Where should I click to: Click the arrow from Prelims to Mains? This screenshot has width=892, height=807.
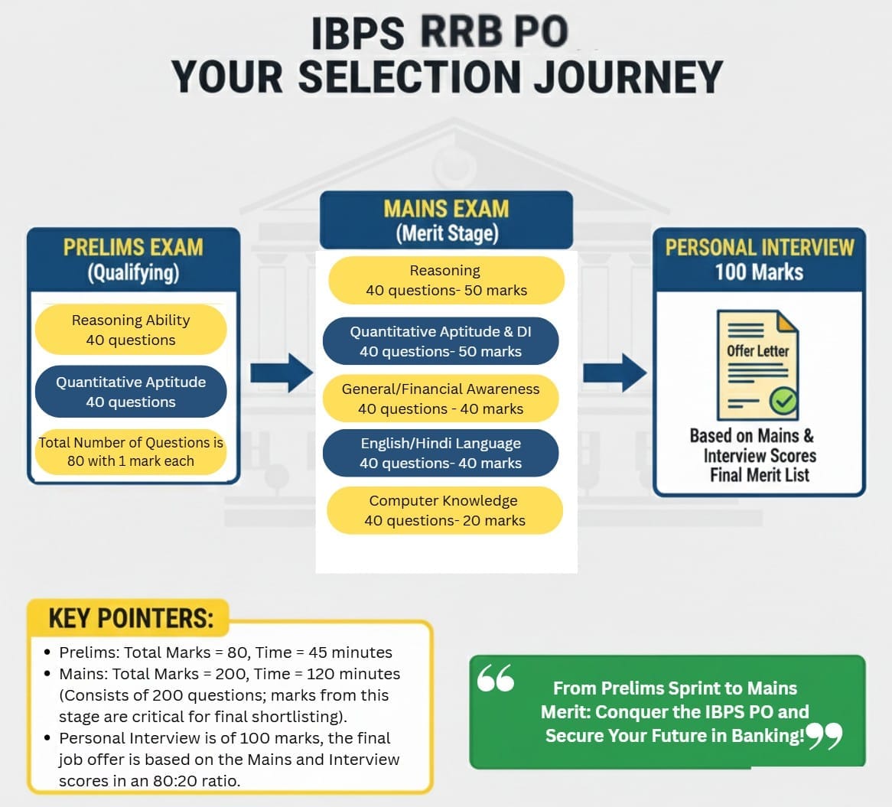coord(282,373)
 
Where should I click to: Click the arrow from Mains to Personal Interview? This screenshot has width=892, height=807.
coord(614,373)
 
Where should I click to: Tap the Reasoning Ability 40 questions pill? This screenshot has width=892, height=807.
coord(131,330)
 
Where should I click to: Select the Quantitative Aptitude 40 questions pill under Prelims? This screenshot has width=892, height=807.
coord(131,392)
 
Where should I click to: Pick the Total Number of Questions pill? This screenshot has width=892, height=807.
coord(131,452)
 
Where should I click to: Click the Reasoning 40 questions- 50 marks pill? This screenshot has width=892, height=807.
coord(446,281)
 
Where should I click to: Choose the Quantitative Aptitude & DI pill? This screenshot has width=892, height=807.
coord(441,342)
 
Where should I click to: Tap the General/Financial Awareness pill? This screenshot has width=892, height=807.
coord(441,399)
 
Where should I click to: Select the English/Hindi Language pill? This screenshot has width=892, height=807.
coord(441,454)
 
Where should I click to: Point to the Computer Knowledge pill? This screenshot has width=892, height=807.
coord(444,511)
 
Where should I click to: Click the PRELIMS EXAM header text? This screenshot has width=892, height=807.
coord(133,248)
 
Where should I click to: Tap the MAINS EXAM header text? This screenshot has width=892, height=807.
coord(446,209)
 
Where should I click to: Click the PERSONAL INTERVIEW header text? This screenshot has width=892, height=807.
coord(759,248)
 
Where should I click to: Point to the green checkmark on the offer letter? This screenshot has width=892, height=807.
coord(783,399)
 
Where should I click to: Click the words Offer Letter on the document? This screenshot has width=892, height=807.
coord(757,351)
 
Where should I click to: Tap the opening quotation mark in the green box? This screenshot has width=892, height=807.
coord(496,678)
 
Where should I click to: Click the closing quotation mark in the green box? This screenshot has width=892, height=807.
coord(824,736)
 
